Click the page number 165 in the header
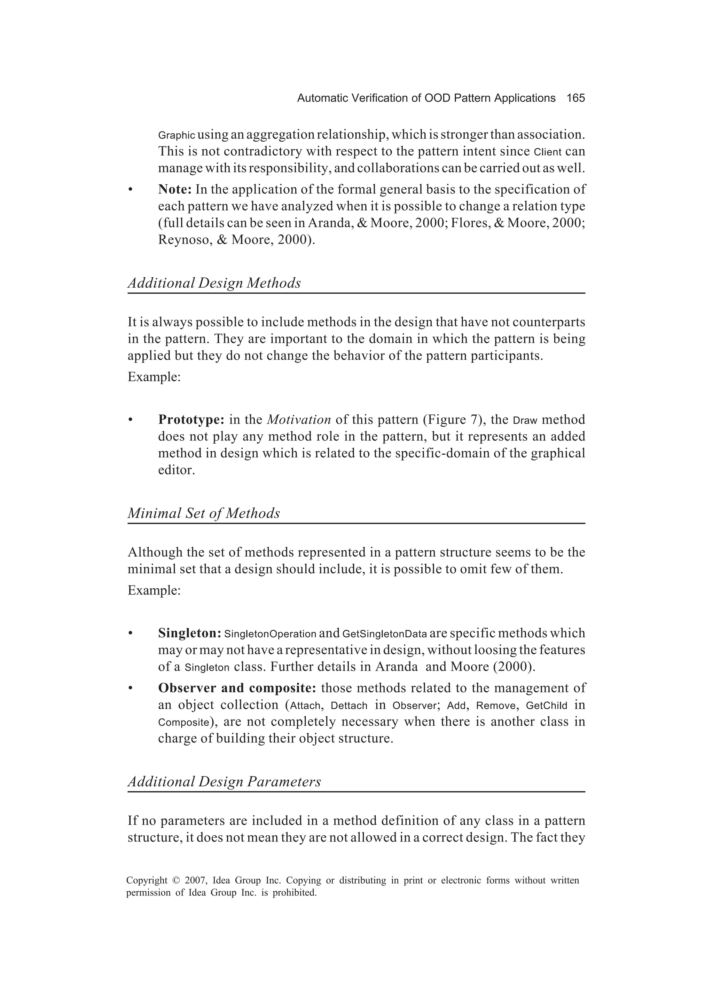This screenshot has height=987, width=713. coord(575,98)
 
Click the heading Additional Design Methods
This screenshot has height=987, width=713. coord(214,283)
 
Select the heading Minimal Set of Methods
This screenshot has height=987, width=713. coord(203,514)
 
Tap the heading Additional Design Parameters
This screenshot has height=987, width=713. coord(224,782)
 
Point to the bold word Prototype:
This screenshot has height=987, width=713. coord(191,420)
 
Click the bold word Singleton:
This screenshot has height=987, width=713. coord(190,633)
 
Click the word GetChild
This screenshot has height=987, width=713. coord(546,706)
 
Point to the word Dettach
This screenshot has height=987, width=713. coord(349,706)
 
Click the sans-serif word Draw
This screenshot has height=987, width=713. coord(525,421)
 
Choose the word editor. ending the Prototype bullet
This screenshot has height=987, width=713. coord(176,470)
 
